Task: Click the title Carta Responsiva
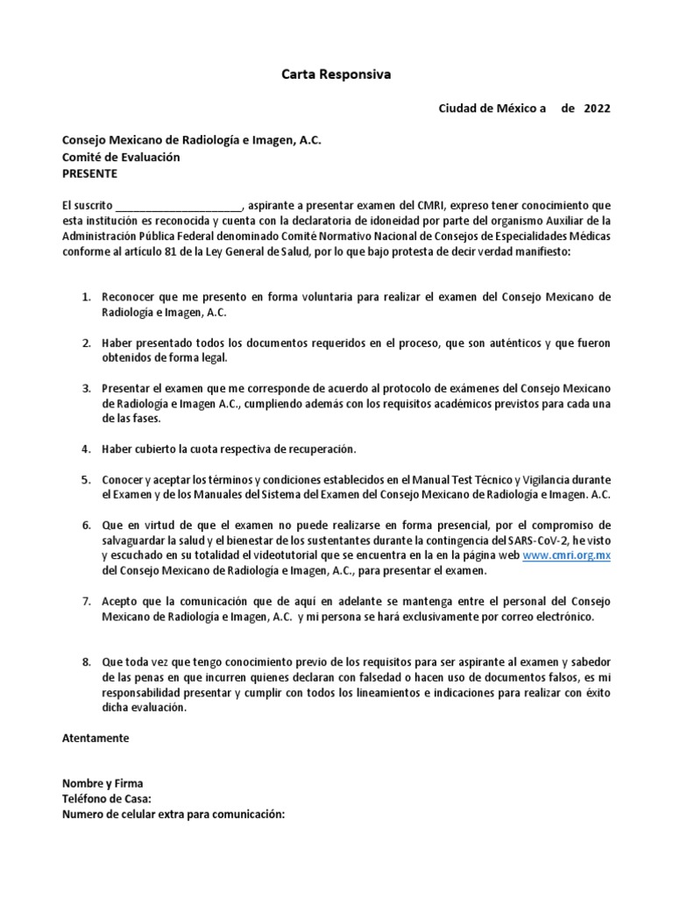point(336,76)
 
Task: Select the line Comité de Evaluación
point(120,157)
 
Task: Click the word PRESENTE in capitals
point(89,173)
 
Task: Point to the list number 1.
point(87,297)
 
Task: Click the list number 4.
point(87,448)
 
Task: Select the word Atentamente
point(95,738)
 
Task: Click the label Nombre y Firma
point(102,783)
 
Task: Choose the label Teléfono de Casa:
point(107,798)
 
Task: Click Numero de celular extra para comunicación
point(174,814)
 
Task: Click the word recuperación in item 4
point(314,448)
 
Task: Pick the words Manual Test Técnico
point(459,480)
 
